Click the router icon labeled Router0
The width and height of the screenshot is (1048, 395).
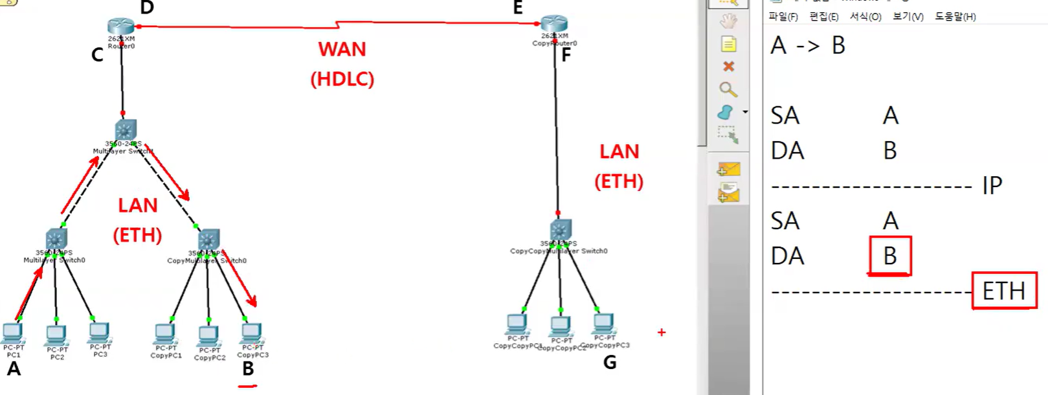pos(121,27)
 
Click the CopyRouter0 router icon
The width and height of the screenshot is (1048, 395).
pos(554,24)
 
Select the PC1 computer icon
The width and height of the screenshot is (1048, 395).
pos(13,333)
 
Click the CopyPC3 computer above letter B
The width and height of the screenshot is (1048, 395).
pos(251,333)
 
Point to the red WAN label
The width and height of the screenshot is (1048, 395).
pos(342,49)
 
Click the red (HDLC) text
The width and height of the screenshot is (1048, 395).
pos(342,79)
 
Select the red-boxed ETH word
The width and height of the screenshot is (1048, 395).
pos(1004,291)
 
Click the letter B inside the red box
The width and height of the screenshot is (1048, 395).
pos(890,256)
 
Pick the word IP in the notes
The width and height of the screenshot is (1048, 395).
pos(992,186)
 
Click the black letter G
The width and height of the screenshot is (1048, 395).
pos(610,363)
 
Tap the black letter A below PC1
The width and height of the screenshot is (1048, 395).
pos(14,369)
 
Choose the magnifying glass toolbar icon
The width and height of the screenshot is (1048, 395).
pos(728,89)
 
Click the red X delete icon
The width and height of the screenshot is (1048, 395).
pos(728,66)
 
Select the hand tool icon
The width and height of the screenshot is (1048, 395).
pos(728,21)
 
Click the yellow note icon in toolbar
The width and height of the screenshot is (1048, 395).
pos(728,44)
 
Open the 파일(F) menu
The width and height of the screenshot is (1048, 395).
pos(783,16)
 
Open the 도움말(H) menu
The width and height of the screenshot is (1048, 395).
pos(955,16)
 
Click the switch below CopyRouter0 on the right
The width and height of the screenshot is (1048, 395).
pos(560,231)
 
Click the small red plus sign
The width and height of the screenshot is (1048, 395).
pos(661,332)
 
